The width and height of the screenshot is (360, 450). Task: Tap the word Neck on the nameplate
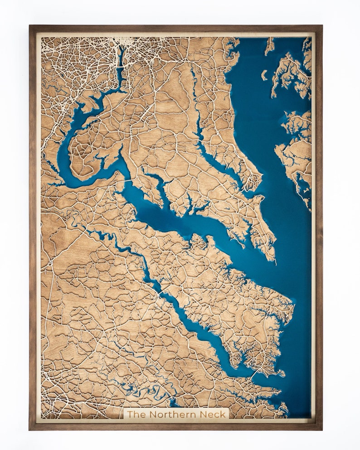click(x=214, y=414)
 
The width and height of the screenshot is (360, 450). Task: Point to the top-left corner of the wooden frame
click(x=30, y=26)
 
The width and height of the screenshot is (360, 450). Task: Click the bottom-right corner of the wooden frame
click(x=321, y=429)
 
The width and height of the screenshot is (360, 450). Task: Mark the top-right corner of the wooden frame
click(x=321, y=26)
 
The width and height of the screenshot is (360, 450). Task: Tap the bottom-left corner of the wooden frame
click(x=30, y=429)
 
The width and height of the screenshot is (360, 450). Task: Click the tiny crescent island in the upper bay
click(x=264, y=75)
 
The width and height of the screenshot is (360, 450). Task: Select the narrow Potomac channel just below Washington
click(x=121, y=68)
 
